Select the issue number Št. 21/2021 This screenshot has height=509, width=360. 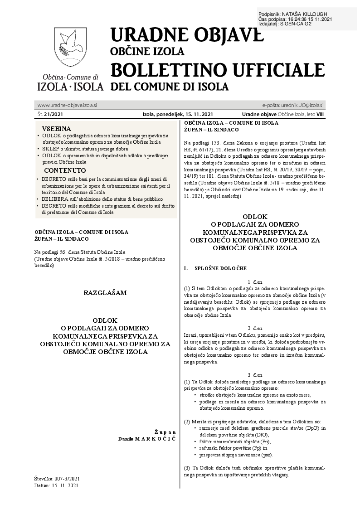(50, 115)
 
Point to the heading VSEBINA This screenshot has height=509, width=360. (56, 129)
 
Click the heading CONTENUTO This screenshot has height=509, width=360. (65, 170)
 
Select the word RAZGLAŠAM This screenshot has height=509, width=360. (105, 293)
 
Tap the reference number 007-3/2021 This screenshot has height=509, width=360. (68, 479)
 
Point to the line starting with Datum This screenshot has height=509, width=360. (56, 485)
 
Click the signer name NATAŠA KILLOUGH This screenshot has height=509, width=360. (313, 15)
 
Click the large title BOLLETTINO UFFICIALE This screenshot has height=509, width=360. (218, 70)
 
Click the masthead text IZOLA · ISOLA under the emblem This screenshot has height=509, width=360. (70, 86)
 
